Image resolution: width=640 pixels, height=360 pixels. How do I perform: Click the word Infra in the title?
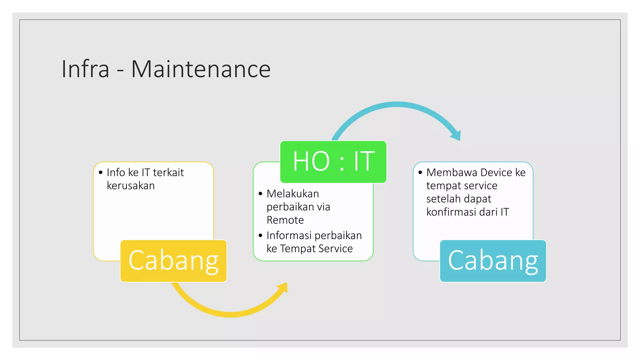click(x=85, y=69)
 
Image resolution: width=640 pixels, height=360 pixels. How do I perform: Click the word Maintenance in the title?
click(x=201, y=69)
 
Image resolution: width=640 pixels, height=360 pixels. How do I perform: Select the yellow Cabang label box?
click(x=173, y=261)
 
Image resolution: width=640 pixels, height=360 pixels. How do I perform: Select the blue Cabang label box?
click(x=493, y=261)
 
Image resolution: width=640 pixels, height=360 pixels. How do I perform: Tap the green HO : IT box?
click(x=333, y=162)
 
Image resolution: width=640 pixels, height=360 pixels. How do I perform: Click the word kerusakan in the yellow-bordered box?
click(x=131, y=186)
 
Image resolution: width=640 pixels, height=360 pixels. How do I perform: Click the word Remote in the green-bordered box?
click(x=285, y=220)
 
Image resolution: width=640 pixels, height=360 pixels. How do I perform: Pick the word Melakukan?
click(x=292, y=194)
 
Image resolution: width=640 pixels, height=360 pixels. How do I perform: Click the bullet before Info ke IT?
click(x=101, y=172)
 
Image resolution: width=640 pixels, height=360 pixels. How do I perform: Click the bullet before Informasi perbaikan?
click(x=261, y=235)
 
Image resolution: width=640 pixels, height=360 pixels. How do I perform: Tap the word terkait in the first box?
click(x=168, y=172)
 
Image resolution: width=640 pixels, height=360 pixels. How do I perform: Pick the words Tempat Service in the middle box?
click(x=316, y=248)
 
